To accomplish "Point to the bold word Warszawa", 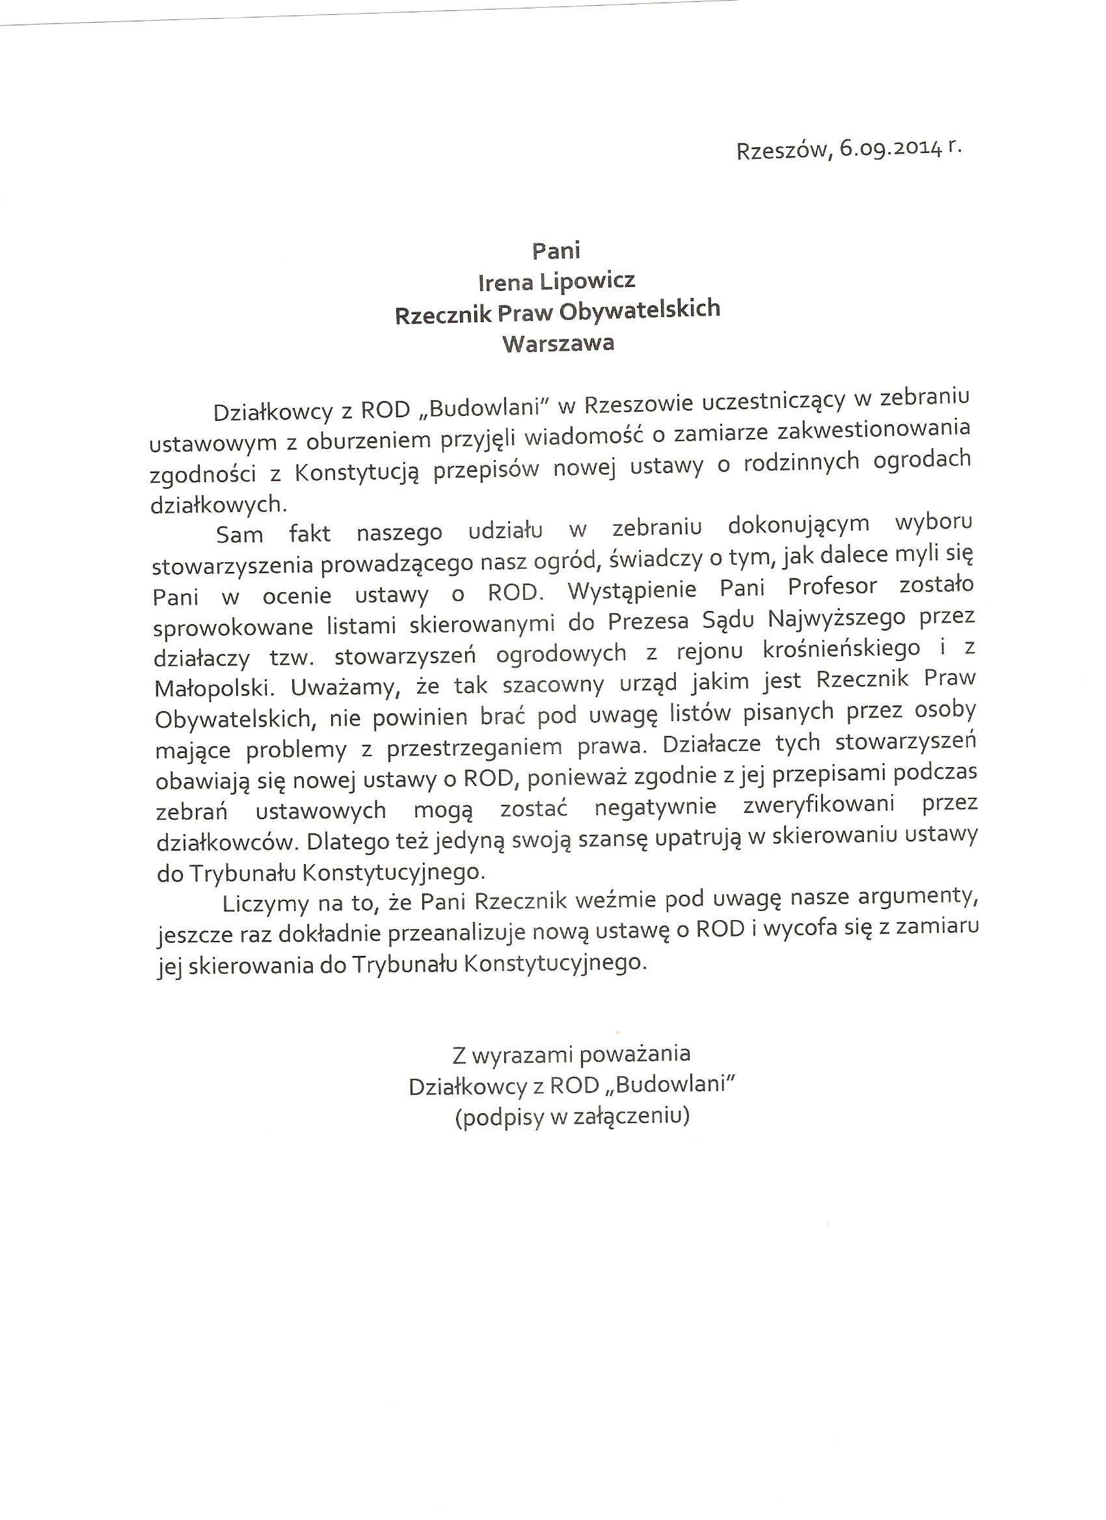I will click(x=558, y=344).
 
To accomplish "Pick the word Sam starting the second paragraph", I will click(x=239, y=535).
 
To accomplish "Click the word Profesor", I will click(x=832, y=586).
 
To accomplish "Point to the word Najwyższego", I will click(x=836, y=618).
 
